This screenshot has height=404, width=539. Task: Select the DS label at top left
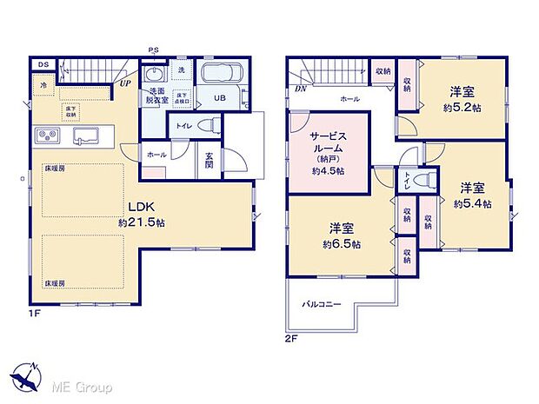[43, 63]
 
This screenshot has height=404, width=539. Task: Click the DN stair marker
[299, 88]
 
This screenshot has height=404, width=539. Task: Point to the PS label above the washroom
[153, 50]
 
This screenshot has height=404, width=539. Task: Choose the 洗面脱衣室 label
[157, 96]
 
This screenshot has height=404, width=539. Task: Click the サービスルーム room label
[328, 142]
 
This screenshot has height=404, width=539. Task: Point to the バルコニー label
[322, 303]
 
